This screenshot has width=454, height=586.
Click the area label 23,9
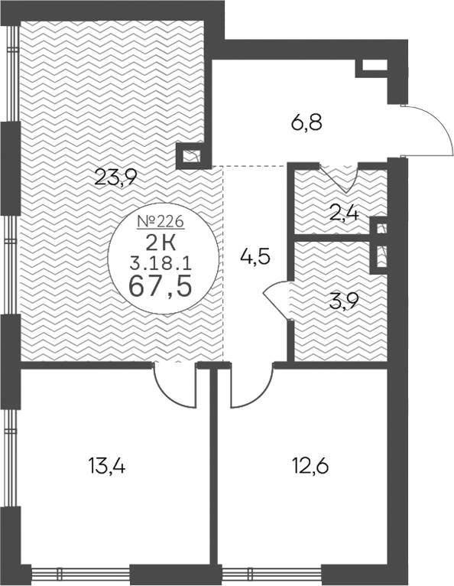[x=115, y=177]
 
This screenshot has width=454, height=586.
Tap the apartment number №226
[x=161, y=222]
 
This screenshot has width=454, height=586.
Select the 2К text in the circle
[x=161, y=244]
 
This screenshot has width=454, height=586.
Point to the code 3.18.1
[x=161, y=264]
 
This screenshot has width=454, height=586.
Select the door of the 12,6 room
[x=253, y=387]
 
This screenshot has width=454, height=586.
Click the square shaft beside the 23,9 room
[x=190, y=155]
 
